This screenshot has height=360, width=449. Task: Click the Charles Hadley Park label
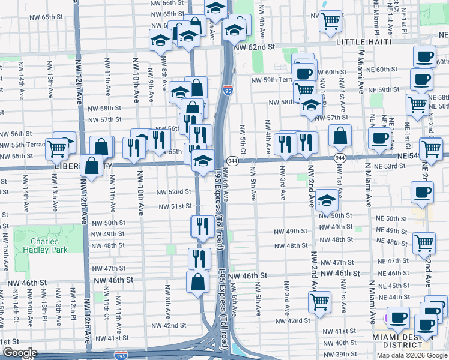[x=49, y=246]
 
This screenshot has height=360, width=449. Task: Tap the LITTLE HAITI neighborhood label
[x=364, y=41]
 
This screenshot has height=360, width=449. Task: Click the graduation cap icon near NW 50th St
[x=327, y=200]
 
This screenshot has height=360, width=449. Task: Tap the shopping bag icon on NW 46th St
[x=198, y=281]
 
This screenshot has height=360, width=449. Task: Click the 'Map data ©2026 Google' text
[x=411, y=355]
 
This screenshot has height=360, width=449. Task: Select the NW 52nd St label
[x=174, y=192]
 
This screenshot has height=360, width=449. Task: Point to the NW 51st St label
[x=174, y=206]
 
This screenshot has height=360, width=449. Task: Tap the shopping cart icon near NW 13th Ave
[x=56, y=147]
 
